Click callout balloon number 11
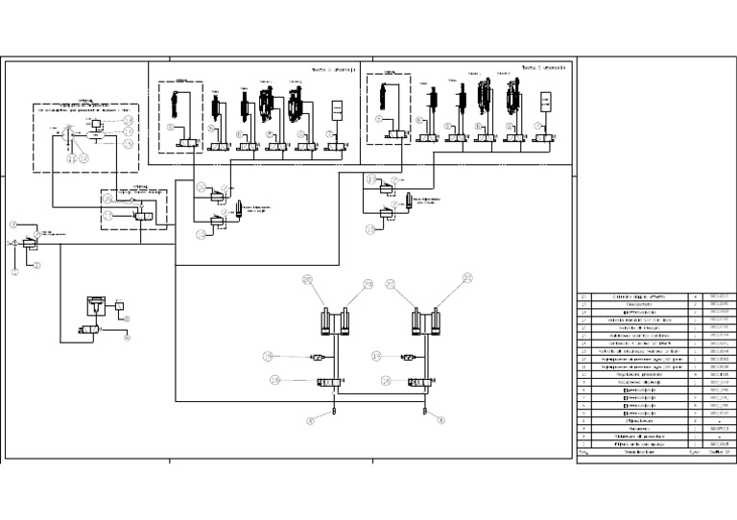click(72, 157)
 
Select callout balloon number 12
click(83, 157)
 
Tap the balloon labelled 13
click(128, 120)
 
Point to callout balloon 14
click(128, 131)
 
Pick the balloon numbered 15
click(128, 144)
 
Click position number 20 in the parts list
click(583, 296)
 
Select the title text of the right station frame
click(543, 68)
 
